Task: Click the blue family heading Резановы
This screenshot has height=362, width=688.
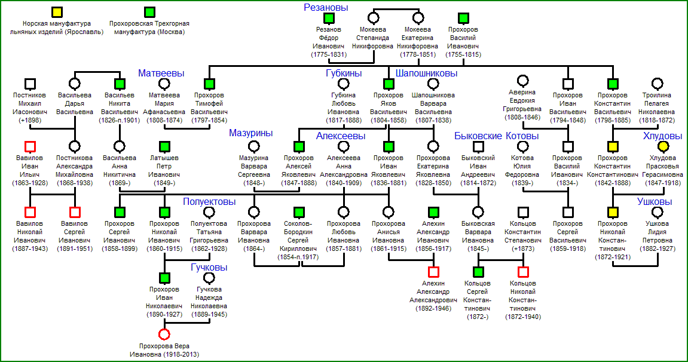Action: (x=326, y=7)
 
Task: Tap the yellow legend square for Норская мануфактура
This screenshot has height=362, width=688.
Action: (x=57, y=13)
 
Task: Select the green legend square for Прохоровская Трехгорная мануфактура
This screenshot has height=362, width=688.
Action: (x=150, y=13)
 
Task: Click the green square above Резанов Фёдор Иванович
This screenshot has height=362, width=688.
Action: (x=329, y=18)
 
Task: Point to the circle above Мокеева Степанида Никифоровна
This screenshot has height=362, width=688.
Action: (x=373, y=18)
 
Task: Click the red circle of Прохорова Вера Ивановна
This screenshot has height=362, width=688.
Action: (x=164, y=335)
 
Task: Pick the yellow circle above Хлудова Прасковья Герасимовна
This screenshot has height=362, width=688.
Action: (x=663, y=146)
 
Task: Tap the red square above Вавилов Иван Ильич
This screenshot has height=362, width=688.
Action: (x=30, y=146)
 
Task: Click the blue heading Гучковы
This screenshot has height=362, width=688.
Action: (x=209, y=268)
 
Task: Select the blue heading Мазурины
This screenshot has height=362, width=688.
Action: (x=251, y=133)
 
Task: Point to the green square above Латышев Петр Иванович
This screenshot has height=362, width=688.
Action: (x=164, y=146)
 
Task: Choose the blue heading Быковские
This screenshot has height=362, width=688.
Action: (x=478, y=136)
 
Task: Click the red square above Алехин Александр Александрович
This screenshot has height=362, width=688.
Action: (x=433, y=272)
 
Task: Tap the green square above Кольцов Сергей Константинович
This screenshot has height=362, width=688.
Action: (x=478, y=272)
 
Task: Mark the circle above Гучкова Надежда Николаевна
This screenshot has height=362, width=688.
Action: (x=209, y=278)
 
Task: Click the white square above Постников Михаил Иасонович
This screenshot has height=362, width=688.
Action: (x=30, y=84)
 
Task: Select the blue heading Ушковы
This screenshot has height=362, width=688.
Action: (x=655, y=201)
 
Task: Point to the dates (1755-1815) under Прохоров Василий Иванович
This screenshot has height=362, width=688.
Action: (x=463, y=55)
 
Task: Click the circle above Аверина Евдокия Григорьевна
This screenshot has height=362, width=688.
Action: (x=522, y=81)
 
